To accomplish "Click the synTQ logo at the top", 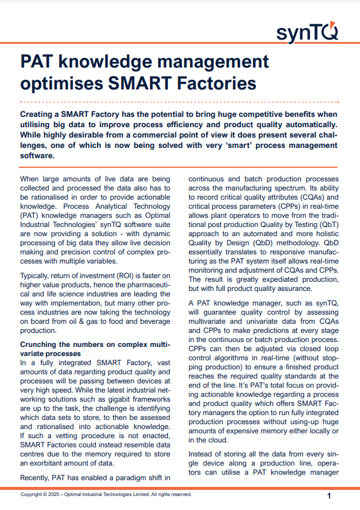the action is click(307, 32).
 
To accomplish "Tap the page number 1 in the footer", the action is click(329, 495).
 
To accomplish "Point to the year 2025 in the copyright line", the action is click(54, 494).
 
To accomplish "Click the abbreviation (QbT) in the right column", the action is click(329, 225).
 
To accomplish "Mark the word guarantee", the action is click(220, 313).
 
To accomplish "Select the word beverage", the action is click(154, 322).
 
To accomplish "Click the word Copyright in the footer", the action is click(31, 494).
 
